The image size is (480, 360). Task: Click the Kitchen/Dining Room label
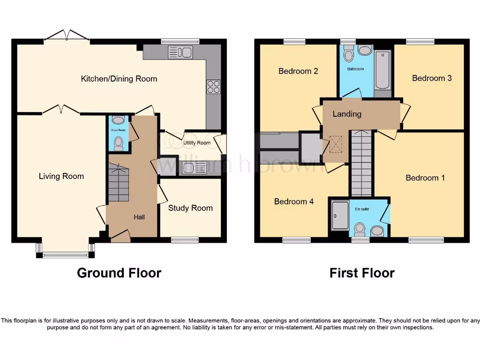[119, 79]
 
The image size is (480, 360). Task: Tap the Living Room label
[61, 176]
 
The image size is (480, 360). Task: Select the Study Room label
[190, 208]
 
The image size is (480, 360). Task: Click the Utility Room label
[197, 143]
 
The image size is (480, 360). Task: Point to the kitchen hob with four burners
[213, 87]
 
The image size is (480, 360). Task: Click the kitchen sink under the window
[180, 52]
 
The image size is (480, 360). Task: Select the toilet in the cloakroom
[119, 142]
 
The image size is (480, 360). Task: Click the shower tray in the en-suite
[340, 216]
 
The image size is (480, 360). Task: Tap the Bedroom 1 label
[425, 178]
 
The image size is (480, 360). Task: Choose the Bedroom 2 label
[298, 71]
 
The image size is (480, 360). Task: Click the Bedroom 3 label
[432, 78]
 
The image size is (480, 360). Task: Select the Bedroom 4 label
[294, 202]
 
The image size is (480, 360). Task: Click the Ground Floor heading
[119, 273]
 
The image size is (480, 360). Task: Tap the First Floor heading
[362, 273]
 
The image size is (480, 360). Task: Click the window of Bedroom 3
[420, 42]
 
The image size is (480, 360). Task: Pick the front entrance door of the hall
[120, 236]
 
